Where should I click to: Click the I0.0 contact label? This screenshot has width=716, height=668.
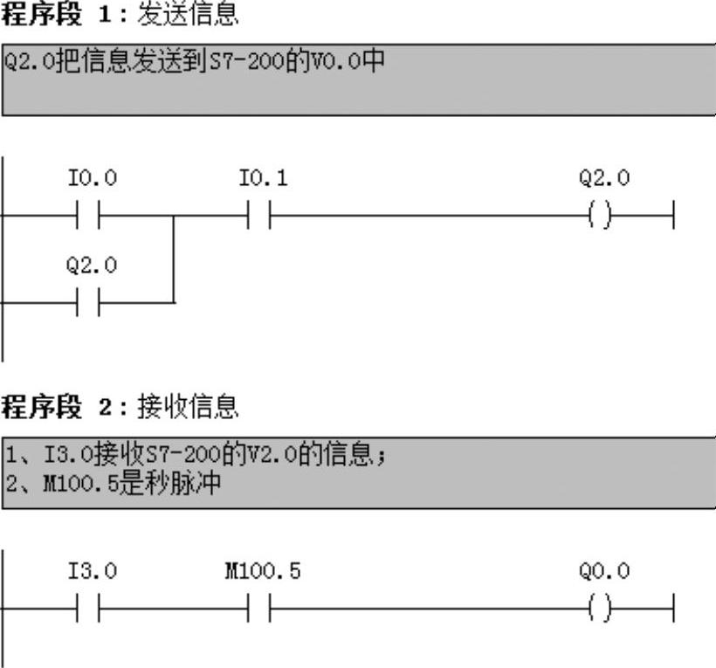(x=92, y=179)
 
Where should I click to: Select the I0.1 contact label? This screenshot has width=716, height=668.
(x=263, y=179)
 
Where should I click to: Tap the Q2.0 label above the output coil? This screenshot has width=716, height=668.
(x=603, y=179)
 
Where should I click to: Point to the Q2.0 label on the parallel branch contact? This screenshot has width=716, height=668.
(x=92, y=265)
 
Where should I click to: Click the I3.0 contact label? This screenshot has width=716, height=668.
(x=92, y=572)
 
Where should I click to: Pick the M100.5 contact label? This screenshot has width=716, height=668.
(x=263, y=572)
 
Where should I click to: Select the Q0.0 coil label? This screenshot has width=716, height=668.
(x=603, y=572)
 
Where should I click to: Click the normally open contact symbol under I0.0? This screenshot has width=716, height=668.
(x=88, y=215)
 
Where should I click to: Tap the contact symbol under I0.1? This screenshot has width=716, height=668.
(x=259, y=215)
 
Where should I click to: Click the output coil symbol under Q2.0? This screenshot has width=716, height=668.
(x=600, y=215)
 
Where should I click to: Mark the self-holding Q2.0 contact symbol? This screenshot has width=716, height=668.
(x=88, y=303)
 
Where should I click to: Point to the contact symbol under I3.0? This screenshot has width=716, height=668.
(x=88, y=608)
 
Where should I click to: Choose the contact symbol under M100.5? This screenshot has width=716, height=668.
(x=259, y=608)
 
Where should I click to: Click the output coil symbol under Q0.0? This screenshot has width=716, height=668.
(x=600, y=608)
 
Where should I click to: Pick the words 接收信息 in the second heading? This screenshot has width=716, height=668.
(x=188, y=407)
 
